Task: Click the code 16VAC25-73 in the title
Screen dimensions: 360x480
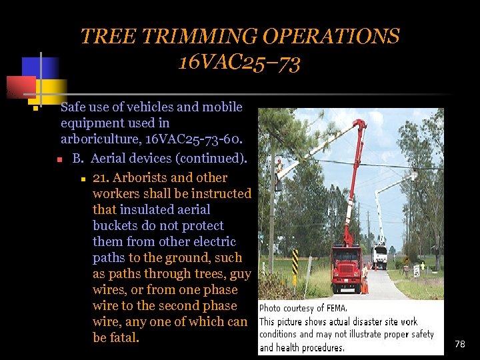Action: pos(239,63)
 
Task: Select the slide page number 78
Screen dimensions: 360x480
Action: pos(459,344)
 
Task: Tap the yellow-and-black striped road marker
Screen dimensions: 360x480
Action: pos(295,262)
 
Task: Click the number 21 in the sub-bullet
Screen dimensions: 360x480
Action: pos(101,178)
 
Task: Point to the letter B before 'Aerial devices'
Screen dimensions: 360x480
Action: pos(77,159)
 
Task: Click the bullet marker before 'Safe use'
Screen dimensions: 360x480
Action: pos(34,108)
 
